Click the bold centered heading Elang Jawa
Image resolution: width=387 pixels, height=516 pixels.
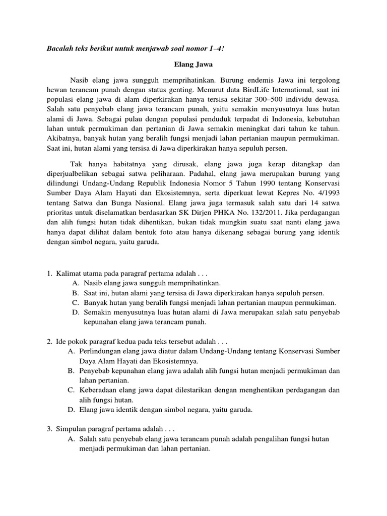pos(193,65)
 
